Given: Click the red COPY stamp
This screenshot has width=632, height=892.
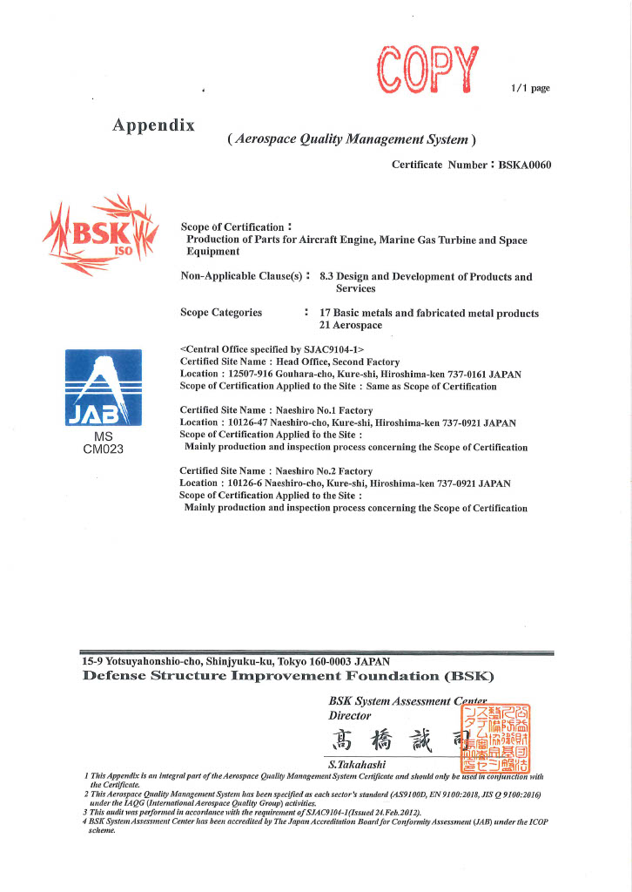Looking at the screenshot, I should (428, 69).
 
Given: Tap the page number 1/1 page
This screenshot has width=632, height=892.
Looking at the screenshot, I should (530, 88).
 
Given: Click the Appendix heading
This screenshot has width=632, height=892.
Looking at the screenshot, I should (153, 125).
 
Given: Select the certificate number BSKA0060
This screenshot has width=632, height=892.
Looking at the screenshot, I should (525, 164).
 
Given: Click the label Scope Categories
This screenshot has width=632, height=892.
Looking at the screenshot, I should (220, 313).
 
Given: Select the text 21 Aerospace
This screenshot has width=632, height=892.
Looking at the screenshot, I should (351, 325).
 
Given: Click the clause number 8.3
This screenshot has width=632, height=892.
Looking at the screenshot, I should (327, 277).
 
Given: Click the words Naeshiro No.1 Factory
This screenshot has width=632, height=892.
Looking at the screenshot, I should (324, 410).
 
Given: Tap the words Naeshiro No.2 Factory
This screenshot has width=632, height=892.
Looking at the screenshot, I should (324, 471).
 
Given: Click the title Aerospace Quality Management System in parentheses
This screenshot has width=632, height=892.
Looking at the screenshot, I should (351, 139).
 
